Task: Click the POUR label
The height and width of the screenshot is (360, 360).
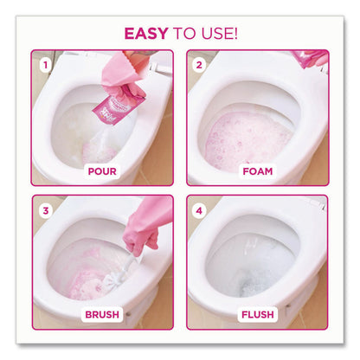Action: [x=101, y=171]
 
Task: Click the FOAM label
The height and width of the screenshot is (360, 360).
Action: [x=257, y=171]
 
